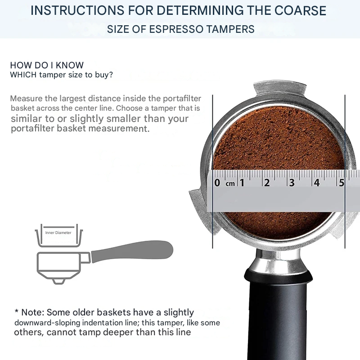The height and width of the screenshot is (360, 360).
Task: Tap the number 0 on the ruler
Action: pyautogui.click(x=217, y=183)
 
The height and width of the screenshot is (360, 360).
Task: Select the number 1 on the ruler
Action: pyautogui.click(x=242, y=183)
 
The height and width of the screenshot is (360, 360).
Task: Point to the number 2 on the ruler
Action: pyautogui.click(x=266, y=183)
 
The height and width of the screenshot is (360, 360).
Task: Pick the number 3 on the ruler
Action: pyautogui.click(x=292, y=183)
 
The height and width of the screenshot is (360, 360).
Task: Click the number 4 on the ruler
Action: pyautogui.click(x=316, y=183)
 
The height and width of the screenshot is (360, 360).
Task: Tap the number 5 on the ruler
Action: pyautogui.click(x=342, y=183)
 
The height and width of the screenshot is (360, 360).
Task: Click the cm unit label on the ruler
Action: pyautogui.click(x=230, y=184)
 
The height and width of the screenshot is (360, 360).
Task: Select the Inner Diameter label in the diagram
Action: pyautogui.click(x=58, y=233)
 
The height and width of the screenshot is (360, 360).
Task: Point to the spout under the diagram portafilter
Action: pyautogui.click(x=58, y=281)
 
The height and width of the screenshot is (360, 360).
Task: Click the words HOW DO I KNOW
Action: pyautogui.click(x=47, y=65)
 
